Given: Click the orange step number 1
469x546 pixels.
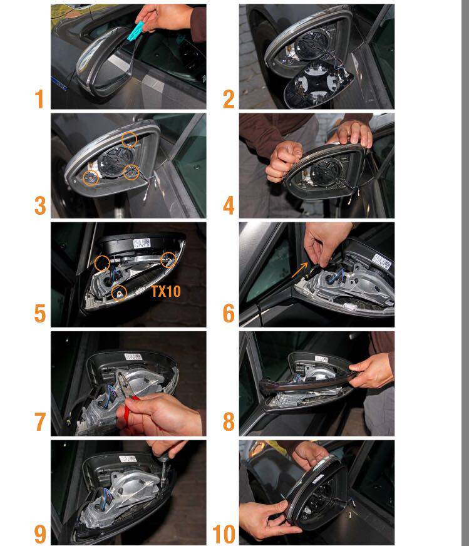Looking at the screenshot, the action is (39, 99).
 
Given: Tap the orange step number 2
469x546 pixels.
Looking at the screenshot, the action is (229, 99).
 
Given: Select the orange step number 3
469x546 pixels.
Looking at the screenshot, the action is (40, 206).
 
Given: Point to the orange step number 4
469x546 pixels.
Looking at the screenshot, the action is (229, 206).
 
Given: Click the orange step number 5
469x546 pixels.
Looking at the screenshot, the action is (40, 314).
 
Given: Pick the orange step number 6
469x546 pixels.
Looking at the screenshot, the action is (229, 314).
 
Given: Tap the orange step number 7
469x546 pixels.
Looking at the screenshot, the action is (40, 421).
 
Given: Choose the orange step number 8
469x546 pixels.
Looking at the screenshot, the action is (229, 421).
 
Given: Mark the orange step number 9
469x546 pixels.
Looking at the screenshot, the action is (40, 534).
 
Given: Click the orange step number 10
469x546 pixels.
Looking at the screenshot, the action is (224, 534).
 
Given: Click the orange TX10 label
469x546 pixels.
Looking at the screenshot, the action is (166, 291).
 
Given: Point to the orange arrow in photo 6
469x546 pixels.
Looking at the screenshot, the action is (299, 270).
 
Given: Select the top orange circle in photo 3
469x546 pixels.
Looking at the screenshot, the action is (129, 139).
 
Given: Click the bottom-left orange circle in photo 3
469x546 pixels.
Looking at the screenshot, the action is (90, 178).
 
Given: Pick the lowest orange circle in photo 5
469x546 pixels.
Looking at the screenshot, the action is (119, 293).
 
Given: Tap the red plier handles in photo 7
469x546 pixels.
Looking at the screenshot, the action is (128, 409).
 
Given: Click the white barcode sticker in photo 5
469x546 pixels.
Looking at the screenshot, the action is (142, 243).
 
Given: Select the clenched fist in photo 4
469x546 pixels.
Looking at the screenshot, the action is (284, 161).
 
